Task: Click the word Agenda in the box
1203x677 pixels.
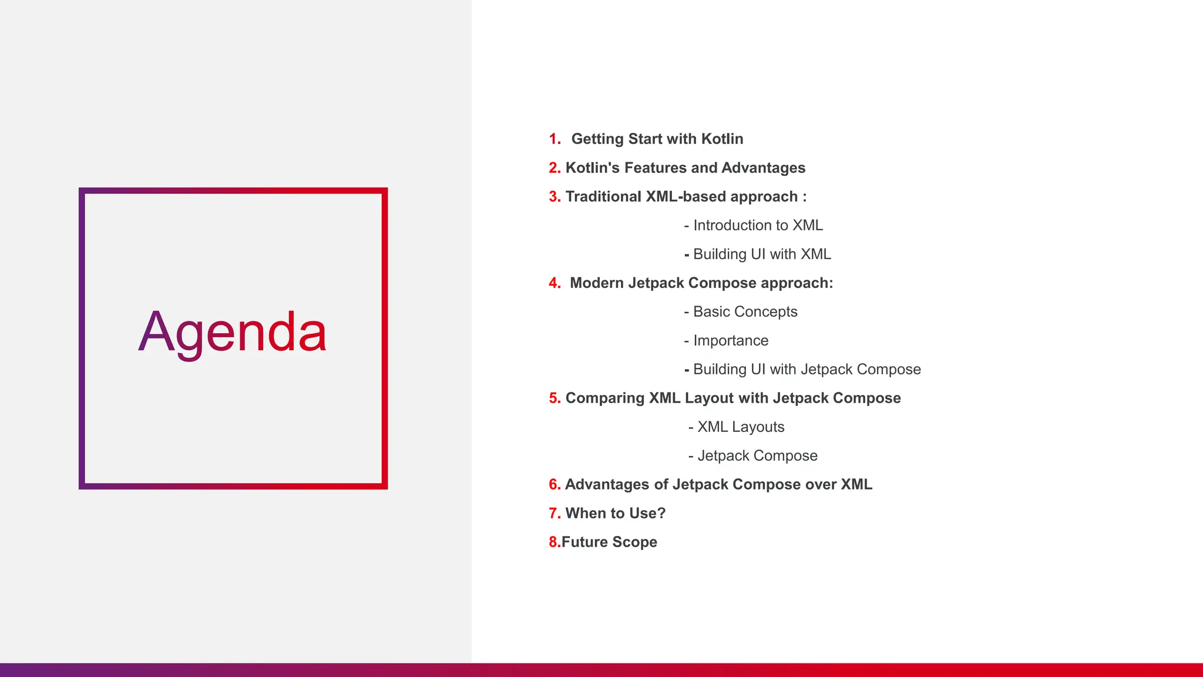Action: click(x=233, y=333)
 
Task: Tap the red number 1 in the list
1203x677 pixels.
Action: click(x=553, y=139)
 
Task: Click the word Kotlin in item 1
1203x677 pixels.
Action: click(x=722, y=139)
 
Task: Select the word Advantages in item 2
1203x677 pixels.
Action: click(x=763, y=168)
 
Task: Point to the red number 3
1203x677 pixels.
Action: click(x=554, y=197)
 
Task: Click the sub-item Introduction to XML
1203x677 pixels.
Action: click(x=758, y=226)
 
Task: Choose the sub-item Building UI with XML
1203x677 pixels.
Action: click(x=762, y=254)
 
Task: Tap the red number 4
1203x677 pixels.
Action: click(x=554, y=283)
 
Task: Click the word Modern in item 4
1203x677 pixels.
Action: click(x=596, y=283)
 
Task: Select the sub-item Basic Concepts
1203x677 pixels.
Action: click(x=745, y=312)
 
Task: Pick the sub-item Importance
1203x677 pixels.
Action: click(x=731, y=341)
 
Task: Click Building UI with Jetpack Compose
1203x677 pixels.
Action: click(x=807, y=370)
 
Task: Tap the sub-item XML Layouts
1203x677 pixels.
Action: click(x=740, y=427)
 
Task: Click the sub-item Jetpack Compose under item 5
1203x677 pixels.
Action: click(x=757, y=456)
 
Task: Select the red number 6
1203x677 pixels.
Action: click(x=554, y=485)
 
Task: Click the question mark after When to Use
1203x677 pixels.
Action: click(x=661, y=514)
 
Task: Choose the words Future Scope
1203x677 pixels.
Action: click(x=609, y=542)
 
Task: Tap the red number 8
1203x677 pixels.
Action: click(x=553, y=542)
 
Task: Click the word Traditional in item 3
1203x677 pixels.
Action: click(x=603, y=197)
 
